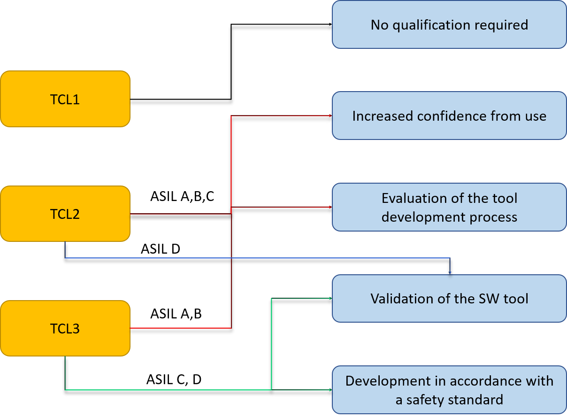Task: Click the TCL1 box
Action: [x=65, y=99]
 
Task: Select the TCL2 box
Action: [x=65, y=214]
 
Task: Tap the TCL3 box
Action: [x=65, y=328]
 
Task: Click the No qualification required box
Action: [x=449, y=24]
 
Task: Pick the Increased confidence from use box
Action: [x=449, y=116]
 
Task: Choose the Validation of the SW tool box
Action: [x=449, y=299]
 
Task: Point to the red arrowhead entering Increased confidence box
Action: [x=330, y=116]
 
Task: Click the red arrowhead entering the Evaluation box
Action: [x=330, y=207]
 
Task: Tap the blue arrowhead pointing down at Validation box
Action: [x=450, y=272]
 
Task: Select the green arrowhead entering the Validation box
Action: [x=330, y=298]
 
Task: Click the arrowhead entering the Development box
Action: [x=330, y=390]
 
